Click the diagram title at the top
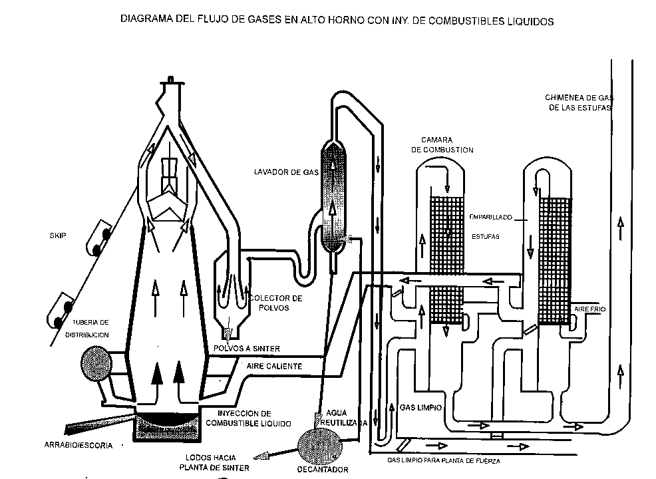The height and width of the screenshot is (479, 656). (337, 21)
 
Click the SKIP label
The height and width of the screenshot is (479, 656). (57, 236)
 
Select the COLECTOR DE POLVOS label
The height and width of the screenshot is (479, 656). (275, 302)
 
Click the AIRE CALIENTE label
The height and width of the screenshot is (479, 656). (274, 367)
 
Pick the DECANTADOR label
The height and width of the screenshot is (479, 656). (323, 470)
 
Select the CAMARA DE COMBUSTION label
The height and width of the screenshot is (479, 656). (442, 145)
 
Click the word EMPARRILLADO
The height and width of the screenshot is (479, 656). (490, 216)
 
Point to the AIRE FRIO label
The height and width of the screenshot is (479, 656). (586, 311)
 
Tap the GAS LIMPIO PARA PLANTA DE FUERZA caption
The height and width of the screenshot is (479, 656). (443, 460)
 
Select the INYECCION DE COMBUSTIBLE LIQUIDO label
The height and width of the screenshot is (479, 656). (247, 418)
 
